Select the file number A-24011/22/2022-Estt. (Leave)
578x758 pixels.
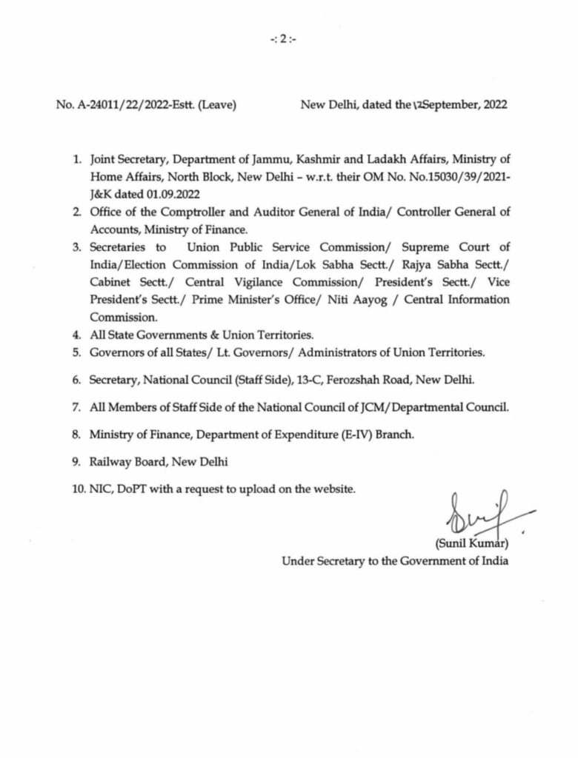tap(146, 105)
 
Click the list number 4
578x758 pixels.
tap(76, 334)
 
